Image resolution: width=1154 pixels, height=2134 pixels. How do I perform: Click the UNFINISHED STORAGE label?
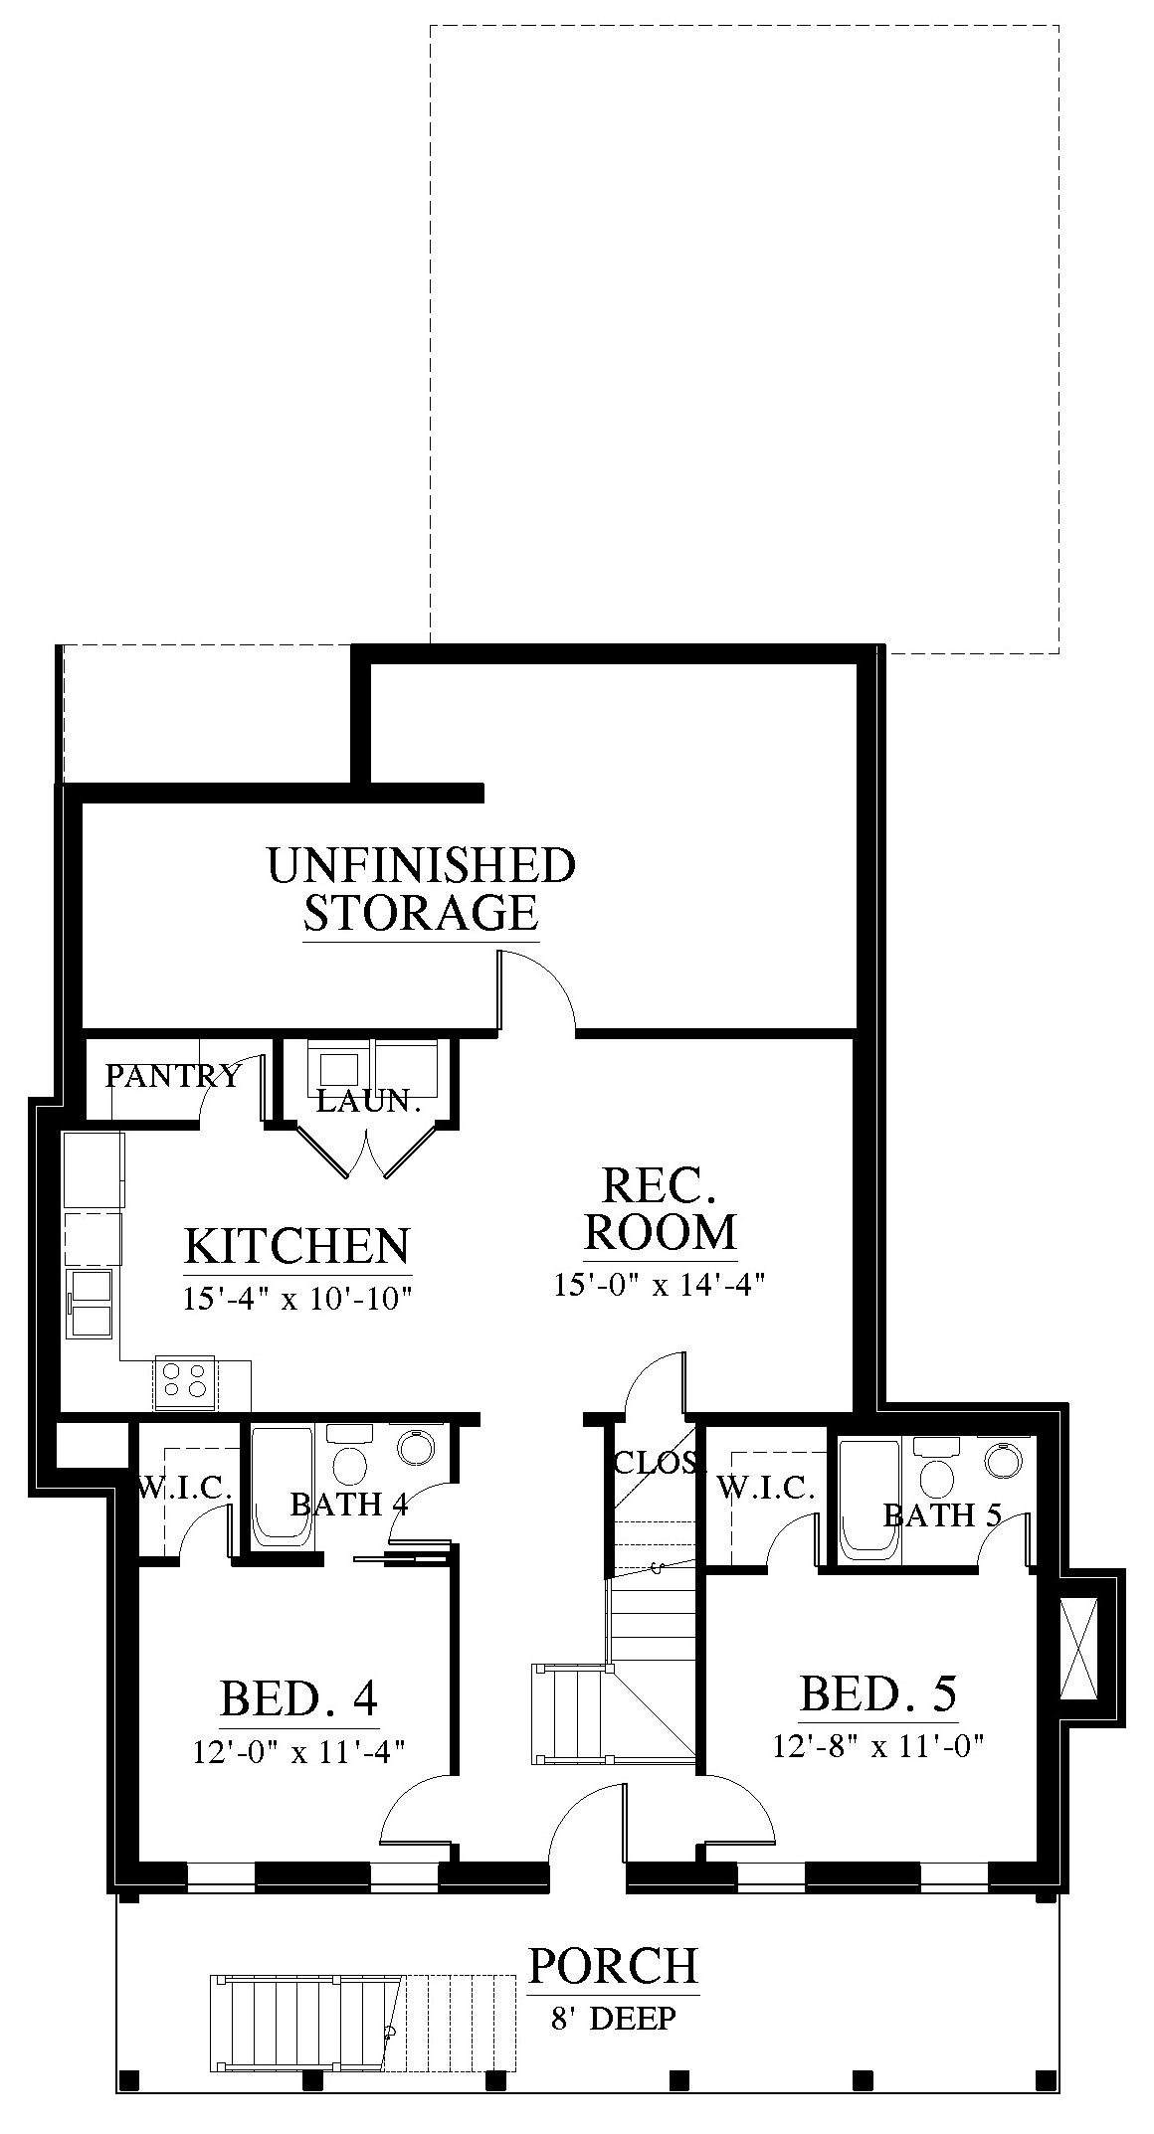pos(422,889)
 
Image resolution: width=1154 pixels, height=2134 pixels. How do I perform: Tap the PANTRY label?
pos(173,1075)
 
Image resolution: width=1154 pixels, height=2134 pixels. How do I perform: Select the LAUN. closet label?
pos(369,1100)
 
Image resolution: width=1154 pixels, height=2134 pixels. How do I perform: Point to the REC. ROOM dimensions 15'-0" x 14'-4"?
pos(660,1284)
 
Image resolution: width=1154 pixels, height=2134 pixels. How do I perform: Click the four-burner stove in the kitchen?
pos(186,1382)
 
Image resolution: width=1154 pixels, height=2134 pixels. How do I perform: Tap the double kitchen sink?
pos(91,1305)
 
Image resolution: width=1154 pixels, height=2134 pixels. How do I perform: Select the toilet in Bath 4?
pos(349,1456)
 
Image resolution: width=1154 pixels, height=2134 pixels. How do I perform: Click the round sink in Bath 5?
pos(1003,1460)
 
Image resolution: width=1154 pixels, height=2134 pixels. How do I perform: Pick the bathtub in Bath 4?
pos(283,1487)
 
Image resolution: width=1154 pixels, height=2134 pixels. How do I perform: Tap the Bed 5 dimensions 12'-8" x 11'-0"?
pos(878,1745)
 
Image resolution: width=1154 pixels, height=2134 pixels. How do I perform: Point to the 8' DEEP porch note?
pos(613,2019)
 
